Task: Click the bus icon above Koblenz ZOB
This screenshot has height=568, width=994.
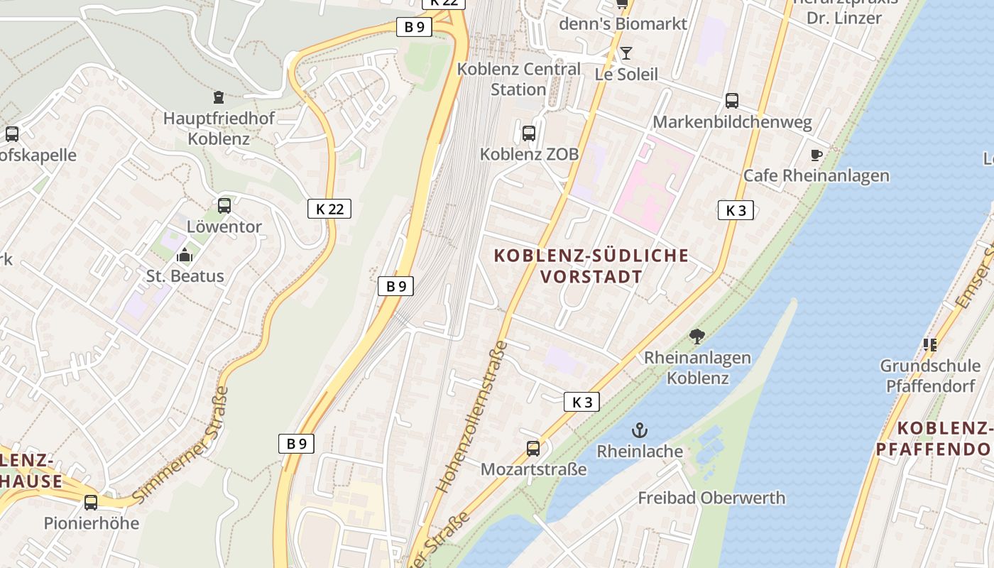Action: pos(528,133)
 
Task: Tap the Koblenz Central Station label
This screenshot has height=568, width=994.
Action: pos(518,79)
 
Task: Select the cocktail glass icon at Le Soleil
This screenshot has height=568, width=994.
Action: pos(626,53)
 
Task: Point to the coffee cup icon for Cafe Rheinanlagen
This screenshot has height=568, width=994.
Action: pos(816,155)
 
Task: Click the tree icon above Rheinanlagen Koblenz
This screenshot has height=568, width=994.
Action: pos(697,337)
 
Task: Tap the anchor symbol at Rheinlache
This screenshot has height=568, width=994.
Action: pos(640,430)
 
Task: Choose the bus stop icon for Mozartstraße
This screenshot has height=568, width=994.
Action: pos(533,448)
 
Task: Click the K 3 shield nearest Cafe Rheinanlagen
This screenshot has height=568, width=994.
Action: pos(736,210)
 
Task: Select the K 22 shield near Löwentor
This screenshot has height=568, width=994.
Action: pos(329,209)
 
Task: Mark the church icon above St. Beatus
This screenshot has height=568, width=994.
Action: pos(185,254)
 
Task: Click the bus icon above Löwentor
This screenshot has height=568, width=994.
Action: pos(224,206)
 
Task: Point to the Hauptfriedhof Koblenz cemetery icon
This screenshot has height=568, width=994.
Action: pos(219,97)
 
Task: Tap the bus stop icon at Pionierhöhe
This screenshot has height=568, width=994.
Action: pos(91,502)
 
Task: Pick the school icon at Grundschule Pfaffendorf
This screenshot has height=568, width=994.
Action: pos(929,345)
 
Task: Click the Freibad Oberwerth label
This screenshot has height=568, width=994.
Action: pos(711,498)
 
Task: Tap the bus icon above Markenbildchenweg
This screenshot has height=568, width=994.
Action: pos(732,101)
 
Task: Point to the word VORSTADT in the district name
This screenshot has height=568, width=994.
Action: pos(591,277)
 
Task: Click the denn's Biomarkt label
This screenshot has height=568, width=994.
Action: pos(623,23)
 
